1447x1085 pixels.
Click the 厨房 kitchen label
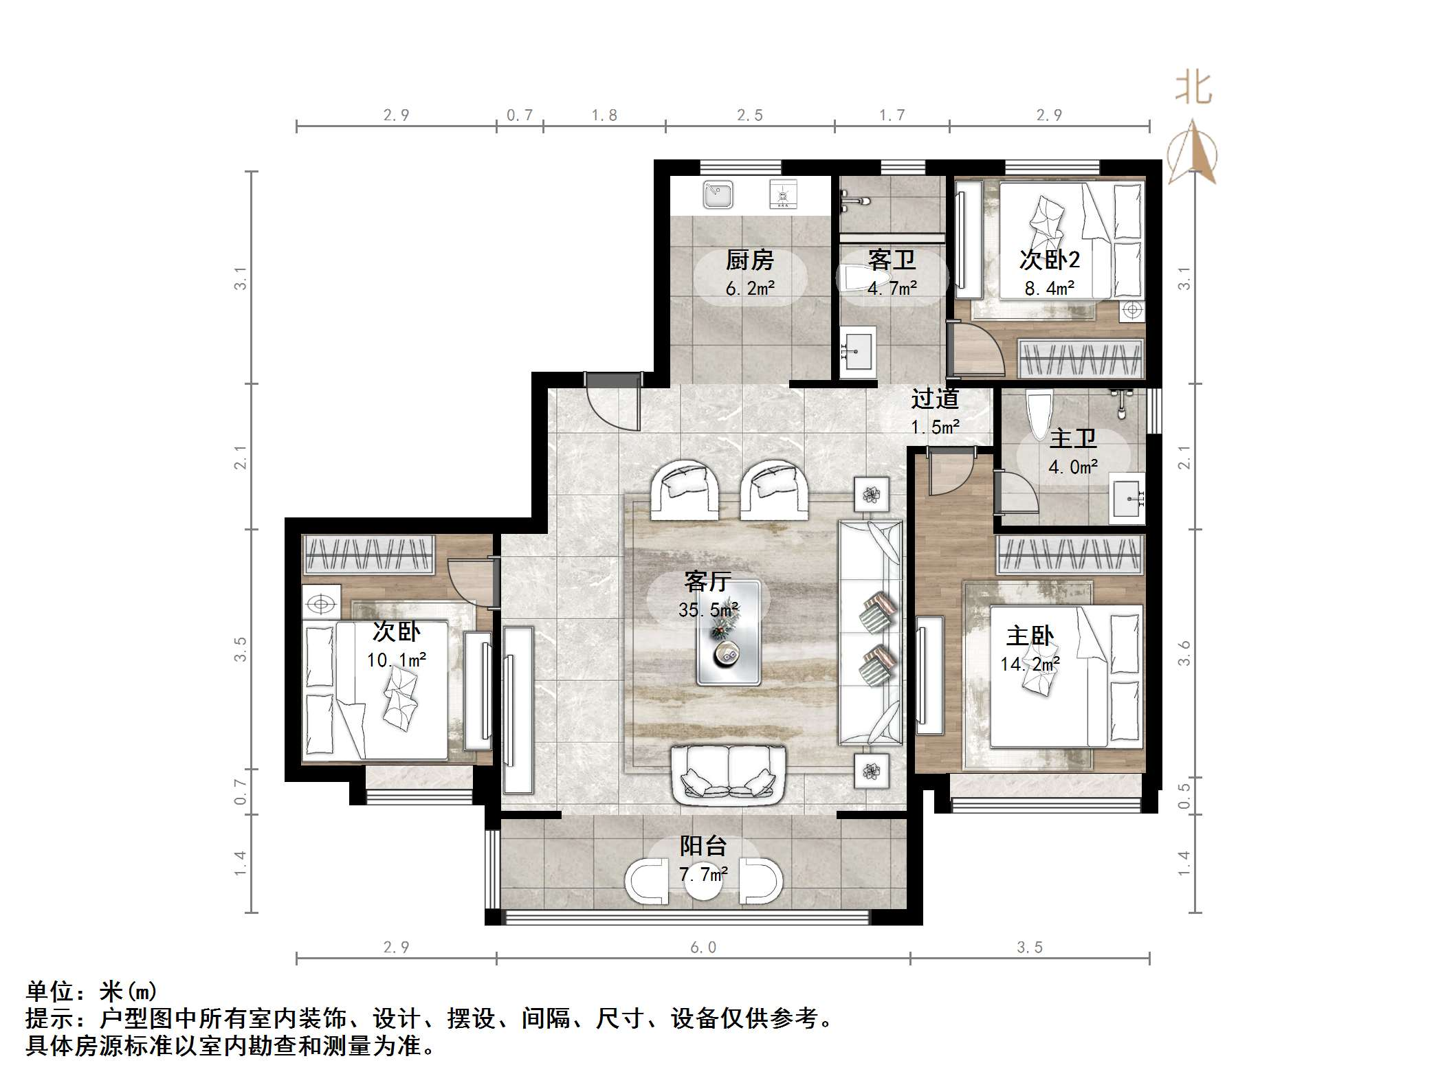coord(749,260)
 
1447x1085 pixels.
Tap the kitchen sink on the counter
coord(718,195)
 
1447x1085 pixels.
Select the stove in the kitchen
coord(782,194)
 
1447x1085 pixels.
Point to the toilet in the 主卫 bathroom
coord(1038,413)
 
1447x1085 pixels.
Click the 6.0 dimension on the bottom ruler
coord(703,948)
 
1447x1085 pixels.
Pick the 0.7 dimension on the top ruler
coord(520,115)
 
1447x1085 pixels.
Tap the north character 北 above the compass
coord(1193,89)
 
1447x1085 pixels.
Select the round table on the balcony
coord(703,884)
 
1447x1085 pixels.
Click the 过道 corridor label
coord(935,399)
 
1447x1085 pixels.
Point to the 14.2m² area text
coord(1029,664)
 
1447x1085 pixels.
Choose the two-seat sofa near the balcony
coord(728,775)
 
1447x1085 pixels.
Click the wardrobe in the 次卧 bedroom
coord(369,554)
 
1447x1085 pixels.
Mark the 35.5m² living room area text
coord(708,609)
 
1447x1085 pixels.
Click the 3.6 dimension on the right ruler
coord(1184,653)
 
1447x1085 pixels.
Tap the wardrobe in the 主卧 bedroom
coord(1070,555)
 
